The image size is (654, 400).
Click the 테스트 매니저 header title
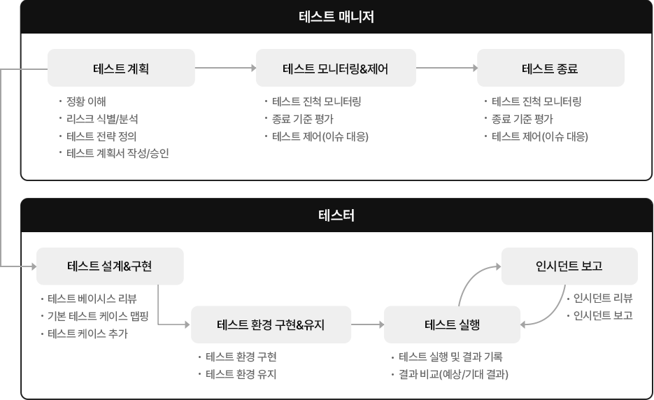pos(336,16)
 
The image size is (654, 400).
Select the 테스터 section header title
pos(336,215)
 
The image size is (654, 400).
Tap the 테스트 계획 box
pos(121,68)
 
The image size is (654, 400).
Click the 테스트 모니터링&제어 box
pos(335,68)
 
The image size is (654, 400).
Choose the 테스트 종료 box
pos(550,68)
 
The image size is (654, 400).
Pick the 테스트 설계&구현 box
pos(110,266)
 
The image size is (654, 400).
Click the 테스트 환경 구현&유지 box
pos(271,324)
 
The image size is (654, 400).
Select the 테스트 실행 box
pos(452,324)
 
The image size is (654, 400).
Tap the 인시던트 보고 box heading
pos(569,266)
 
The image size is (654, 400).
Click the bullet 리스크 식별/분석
pos(98,118)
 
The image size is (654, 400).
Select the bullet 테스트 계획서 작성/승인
pos(117,153)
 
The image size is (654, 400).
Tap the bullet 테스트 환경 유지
pos(241,374)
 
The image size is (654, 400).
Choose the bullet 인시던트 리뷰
pos(602,298)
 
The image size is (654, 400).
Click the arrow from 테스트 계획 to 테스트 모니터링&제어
pos(225,68)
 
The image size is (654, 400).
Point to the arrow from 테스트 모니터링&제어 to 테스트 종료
pos(446,68)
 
